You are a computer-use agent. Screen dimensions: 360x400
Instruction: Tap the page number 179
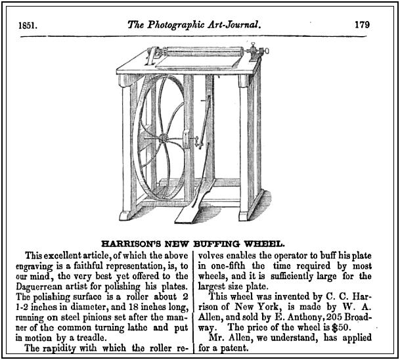(361, 25)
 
